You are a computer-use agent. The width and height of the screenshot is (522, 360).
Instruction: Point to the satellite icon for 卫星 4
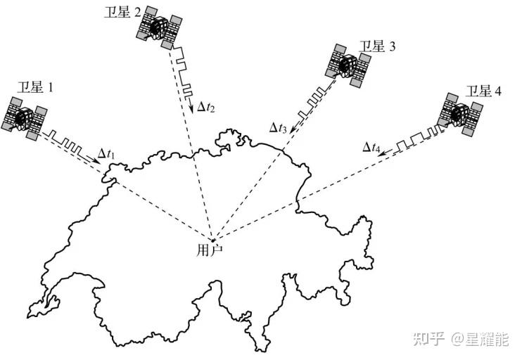(461, 113)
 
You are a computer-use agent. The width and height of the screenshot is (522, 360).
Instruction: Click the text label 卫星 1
(35, 88)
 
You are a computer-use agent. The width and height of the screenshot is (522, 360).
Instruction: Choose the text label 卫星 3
(378, 47)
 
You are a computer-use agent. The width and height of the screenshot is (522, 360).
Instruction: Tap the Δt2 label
(205, 107)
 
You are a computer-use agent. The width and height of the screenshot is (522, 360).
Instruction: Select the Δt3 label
(278, 127)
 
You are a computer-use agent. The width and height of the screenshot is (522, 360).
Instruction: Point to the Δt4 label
(371, 147)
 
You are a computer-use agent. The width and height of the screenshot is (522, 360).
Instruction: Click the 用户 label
(209, 249)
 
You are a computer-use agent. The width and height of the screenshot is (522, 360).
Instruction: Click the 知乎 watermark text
(430, 340)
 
